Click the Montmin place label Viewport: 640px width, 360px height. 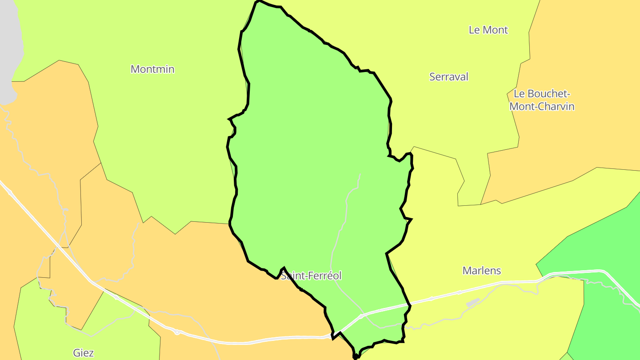coord(152,69)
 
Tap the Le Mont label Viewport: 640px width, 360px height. coord(488,30)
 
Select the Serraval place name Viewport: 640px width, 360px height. coord(449,77)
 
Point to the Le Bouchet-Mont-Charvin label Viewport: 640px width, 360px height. coord(542,100)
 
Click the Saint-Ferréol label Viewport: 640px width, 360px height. coord(311,276)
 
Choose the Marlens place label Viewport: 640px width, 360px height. coord(482,271)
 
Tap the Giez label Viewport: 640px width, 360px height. coord(84,353)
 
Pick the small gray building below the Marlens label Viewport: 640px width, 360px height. coord(473,303)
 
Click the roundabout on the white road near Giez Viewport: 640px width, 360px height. coord(177,332)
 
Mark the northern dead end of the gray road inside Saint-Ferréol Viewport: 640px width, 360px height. coord(360,174)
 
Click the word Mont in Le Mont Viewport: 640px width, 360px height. coord(495,30)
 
